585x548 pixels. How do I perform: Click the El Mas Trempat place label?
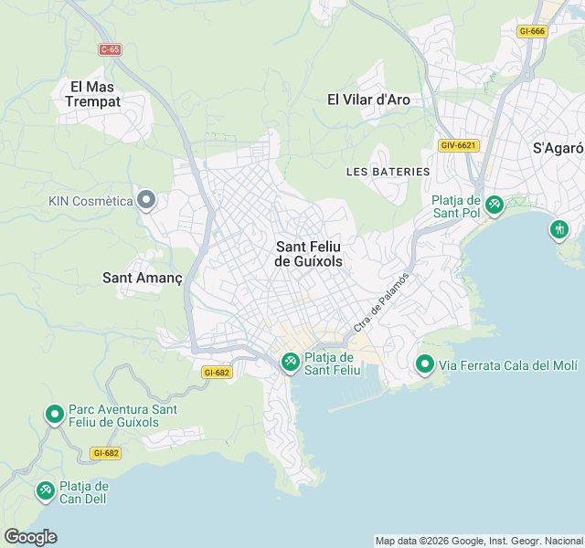click(92, 94)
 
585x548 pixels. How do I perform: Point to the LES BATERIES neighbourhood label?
click(388, 171)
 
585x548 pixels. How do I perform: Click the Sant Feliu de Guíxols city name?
click(309, 253)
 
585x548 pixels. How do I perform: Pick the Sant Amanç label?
click(143, 277)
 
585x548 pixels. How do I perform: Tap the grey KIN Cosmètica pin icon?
click(146, 200)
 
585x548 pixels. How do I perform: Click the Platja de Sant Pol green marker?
click(495, 205)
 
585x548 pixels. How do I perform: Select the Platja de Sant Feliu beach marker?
click(290, 363)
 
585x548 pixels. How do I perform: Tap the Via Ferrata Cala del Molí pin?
click(425, 365)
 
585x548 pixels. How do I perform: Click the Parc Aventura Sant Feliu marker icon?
click(55, 416)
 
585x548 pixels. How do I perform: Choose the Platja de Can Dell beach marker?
click(45, 491)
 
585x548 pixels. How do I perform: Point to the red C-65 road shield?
click(111, 49)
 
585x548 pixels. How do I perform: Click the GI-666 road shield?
click(531, 31)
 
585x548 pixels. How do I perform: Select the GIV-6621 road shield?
click(459, 145)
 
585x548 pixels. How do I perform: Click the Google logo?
click(30, 537)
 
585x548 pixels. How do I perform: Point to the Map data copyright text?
click(479, 540)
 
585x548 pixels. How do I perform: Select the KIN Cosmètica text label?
click(90, 200)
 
